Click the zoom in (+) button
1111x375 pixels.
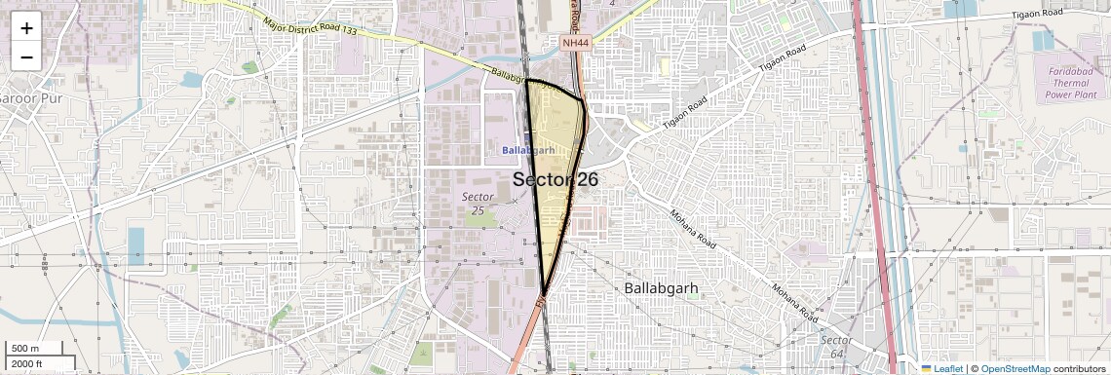pyautogui.click(x=26, y=27)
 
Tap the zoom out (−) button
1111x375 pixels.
pyautogui.click(x=26, y=56)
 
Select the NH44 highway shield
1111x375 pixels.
pyautogui.click(x=576, y=43)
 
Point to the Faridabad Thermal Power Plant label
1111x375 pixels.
pyautogui.click(x=1068, y=84)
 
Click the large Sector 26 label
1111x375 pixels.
pyautogui.click(x=555, y=179)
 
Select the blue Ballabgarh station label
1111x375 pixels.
pyautogui.click(x=528, y=150)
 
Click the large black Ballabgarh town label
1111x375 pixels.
pyautogui.click(x=663, y=289)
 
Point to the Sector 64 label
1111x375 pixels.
pyautogui.click(x=836, y=346)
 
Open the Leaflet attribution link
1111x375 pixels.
pyautogui.click(x=941, y=368)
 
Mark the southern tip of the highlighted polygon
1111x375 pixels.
pyautogui.click(x=544, y=292)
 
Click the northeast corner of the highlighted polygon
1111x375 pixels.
pyautogui.click(x=583, y=100)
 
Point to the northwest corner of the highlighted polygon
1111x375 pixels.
pyautogui.click(x=526, y=80)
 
